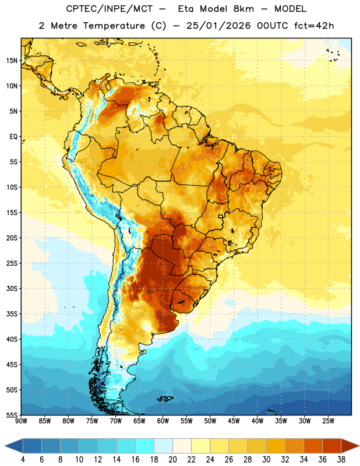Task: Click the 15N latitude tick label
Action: point(12,61)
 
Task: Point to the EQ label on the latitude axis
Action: point(13,137)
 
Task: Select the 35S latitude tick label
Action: point(12,314)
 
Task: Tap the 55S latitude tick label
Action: point(12,415)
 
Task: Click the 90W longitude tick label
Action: point(21,421)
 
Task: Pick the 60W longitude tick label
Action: point(163,421)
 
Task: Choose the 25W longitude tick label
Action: point(328,421)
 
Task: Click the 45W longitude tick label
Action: point(234,421)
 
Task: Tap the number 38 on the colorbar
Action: point(341,460)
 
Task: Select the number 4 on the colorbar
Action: point(23,460)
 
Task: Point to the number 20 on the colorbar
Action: point(172,460)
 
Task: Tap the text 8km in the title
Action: point(243,9)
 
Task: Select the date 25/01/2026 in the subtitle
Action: point(218,26)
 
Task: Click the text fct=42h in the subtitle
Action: point(314,26)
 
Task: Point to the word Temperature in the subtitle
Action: point(114,26)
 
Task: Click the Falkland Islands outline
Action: point(165,398)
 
